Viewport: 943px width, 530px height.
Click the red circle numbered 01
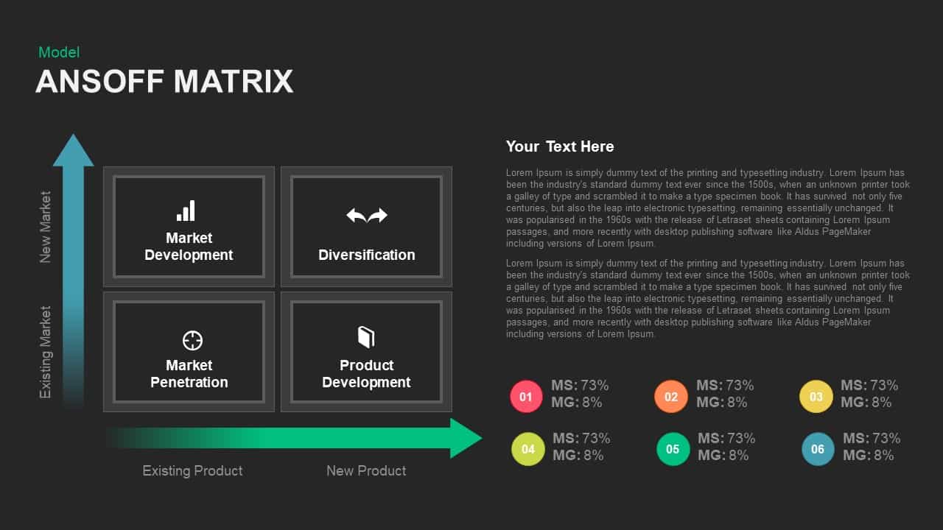tap(526, 397)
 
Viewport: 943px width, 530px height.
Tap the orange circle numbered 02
tap(671, 397)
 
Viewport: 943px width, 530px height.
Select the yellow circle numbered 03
tap(816, 397)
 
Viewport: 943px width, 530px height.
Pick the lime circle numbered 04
tap(528, 449)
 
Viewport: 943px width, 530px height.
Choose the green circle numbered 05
tap(673, 449)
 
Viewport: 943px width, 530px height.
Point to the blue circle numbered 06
tap(818, 449)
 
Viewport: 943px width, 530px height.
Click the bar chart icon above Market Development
tap(186, 211)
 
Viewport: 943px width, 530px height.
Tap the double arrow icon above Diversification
tap(367, 215)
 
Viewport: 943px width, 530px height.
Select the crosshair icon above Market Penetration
tap(192, 340)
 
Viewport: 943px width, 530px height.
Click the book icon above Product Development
tap(366, 338)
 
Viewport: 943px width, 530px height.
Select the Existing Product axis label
tap(192, 470)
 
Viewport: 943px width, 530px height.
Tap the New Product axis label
tap(366, 470)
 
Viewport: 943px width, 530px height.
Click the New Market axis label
tap(46, 227)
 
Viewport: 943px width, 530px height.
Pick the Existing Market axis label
tap(46, 352)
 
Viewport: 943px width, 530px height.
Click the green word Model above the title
tap(59, 52)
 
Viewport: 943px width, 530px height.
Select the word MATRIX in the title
tap(234, 82)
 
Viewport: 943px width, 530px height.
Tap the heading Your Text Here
tap(560, 146)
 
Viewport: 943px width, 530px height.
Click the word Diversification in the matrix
tap(367, 255)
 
